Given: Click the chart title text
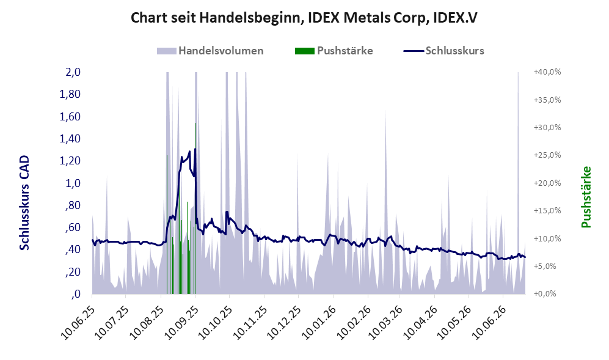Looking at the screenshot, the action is [x=304, y=18].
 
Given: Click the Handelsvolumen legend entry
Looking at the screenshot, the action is [x=210, y=51].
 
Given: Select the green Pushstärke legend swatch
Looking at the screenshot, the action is [x=304, y=51].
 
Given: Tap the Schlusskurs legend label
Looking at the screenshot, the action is [x=455, y=51].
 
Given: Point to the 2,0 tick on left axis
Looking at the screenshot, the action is [x=73, y=72].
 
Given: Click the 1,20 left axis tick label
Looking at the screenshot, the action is [x=70, y=161].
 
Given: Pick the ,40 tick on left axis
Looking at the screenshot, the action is [x=73, y=249].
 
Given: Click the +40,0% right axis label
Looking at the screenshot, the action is [x=548, y=72].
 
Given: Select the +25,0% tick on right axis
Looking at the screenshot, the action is [x=548, y=155].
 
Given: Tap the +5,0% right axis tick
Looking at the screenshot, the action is [x=549, y=266].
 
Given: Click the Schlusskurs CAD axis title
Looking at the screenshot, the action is [x=24, y=203].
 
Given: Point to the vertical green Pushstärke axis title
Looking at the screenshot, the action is [x=586, y=197].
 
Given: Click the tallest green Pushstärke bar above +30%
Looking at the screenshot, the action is [x=195, y=208].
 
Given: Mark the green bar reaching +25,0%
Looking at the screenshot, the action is [x=167, y=225].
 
